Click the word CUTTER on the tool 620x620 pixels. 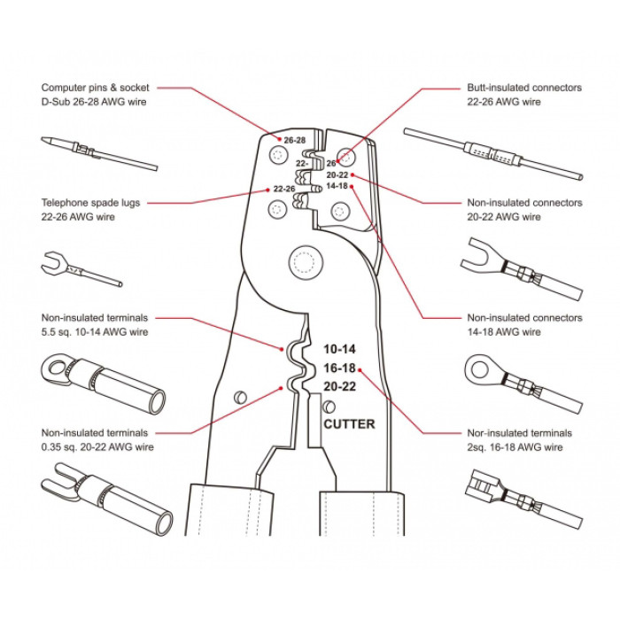[349, 424]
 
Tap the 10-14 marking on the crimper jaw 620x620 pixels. [339, 349]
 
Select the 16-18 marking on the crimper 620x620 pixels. [339, 368]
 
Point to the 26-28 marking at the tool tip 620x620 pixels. [295, 140]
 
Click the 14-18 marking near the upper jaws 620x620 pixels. [337, 186]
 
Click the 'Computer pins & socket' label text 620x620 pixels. [96, 89]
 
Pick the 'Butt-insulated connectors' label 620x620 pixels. [524, 89]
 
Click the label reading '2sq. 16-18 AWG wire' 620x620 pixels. [515, 447]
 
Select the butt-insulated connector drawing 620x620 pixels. [492, 153]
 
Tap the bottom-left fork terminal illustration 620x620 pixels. [97, 500]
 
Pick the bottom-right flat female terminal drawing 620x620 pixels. [520, 500]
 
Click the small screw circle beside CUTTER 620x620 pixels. [329, 407]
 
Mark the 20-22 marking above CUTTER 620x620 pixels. [339, 387]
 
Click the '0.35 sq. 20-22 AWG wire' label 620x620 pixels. [97, 447]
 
